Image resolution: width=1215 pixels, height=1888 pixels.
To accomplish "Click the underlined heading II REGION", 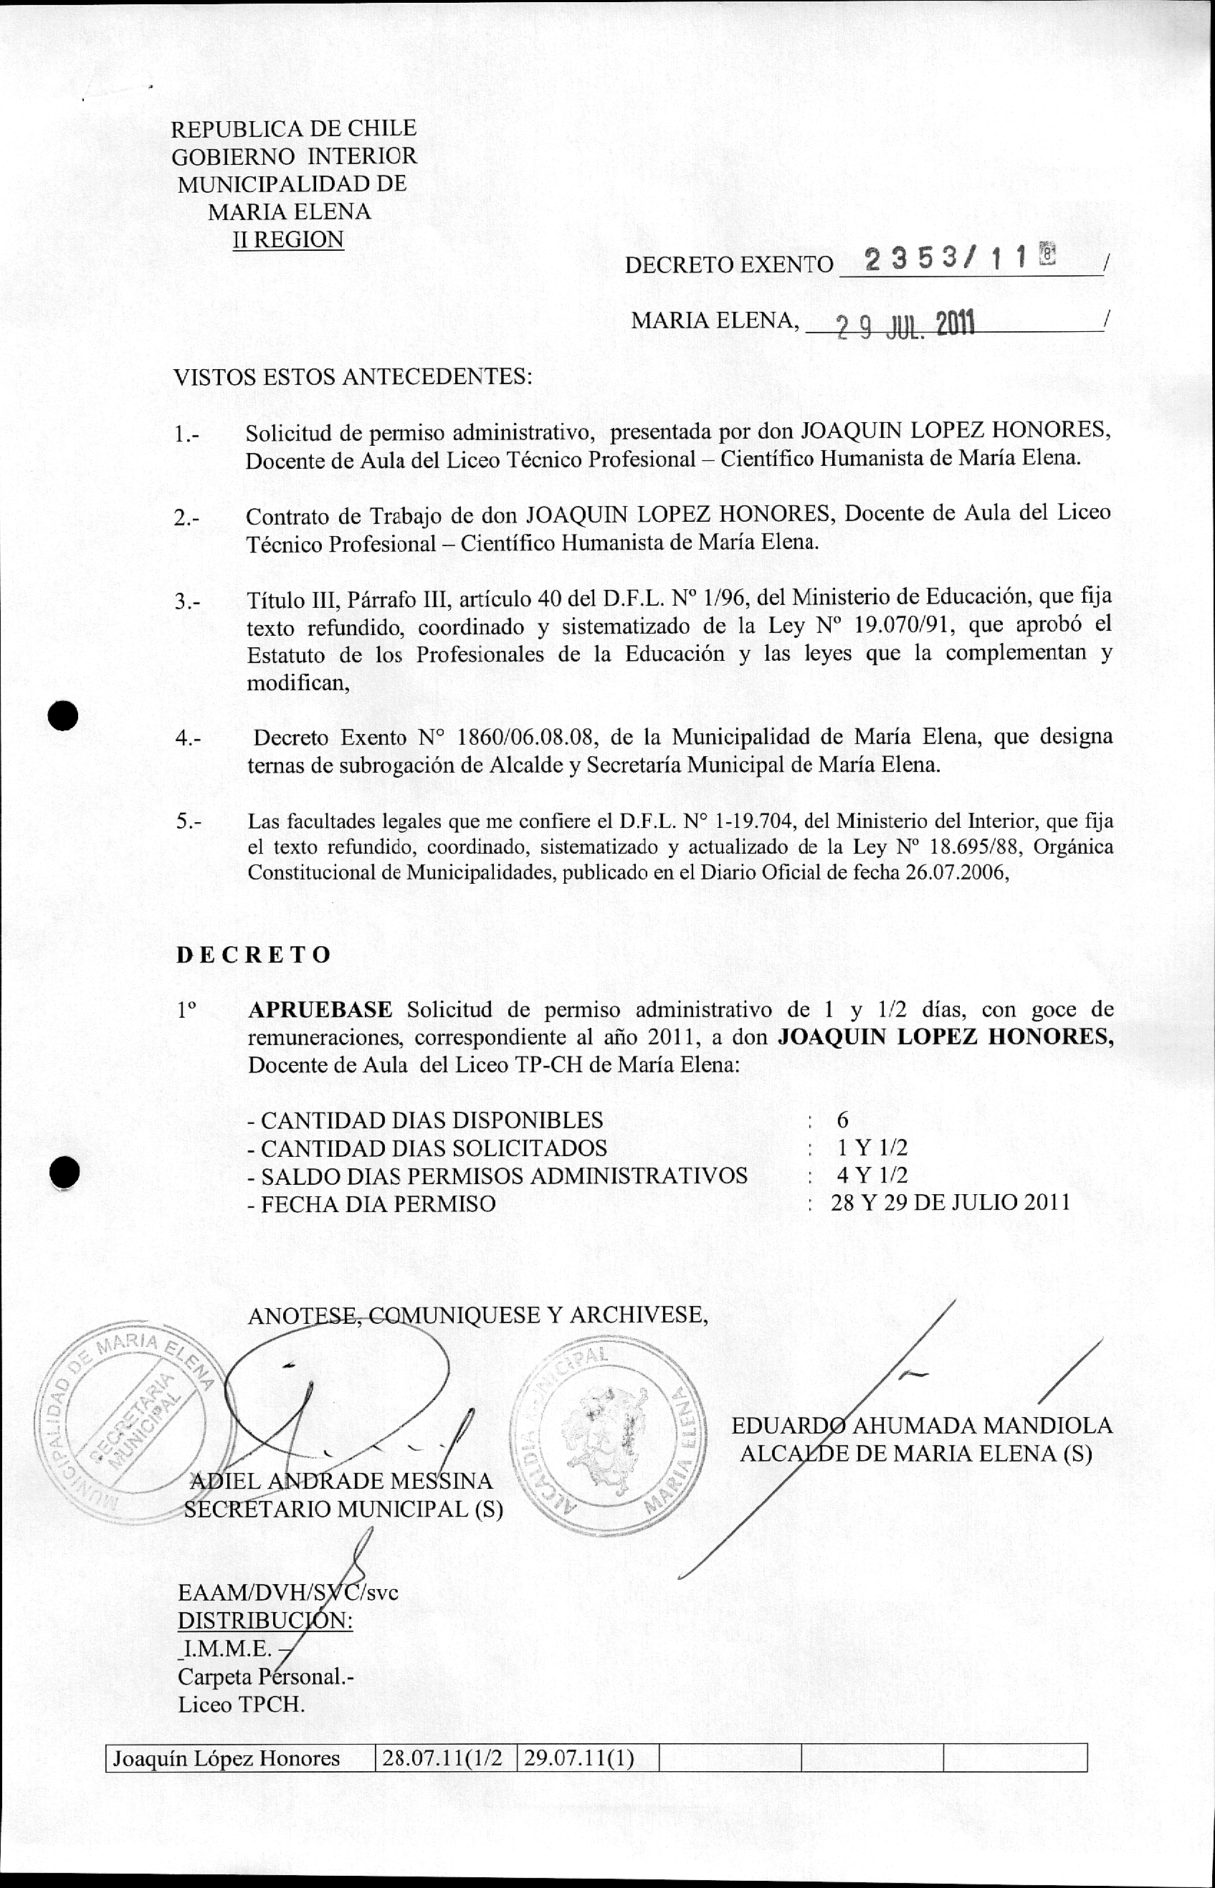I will tap(288, 239).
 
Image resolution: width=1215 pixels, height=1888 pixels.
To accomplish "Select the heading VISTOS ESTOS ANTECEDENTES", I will tap(353, 376).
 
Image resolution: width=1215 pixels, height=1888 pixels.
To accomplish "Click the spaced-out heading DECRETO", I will tap(253, 955).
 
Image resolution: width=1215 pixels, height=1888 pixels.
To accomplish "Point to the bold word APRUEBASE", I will tap(320, 1009).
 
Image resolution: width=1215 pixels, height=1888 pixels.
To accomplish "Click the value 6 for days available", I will tap(842, 1120).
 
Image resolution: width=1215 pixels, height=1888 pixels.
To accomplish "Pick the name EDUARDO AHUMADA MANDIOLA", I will tap(922, 1426).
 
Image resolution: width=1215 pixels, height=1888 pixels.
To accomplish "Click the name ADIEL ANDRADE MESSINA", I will tap(342, 1481).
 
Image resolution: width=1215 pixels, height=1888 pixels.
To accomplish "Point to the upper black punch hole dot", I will tap(63, 715).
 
